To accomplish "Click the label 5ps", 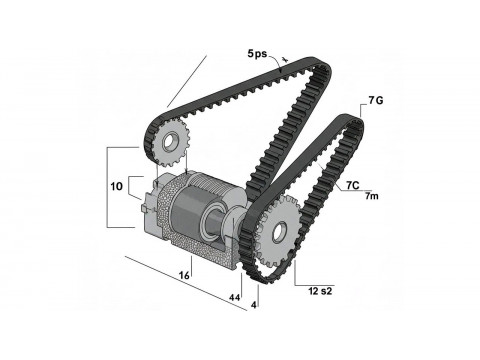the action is click(257, 53).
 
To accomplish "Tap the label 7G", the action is click(376, 100).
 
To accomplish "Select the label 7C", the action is click(353, 185).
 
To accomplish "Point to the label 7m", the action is click(372, 196).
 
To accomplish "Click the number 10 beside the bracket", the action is click(117, 186).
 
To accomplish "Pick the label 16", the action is click(184, 275).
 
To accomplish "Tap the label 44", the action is click(234, 298).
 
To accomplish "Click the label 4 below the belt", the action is click(254, 305).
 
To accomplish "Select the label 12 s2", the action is click(320, 291).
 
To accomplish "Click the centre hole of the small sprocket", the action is click(167, 142).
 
